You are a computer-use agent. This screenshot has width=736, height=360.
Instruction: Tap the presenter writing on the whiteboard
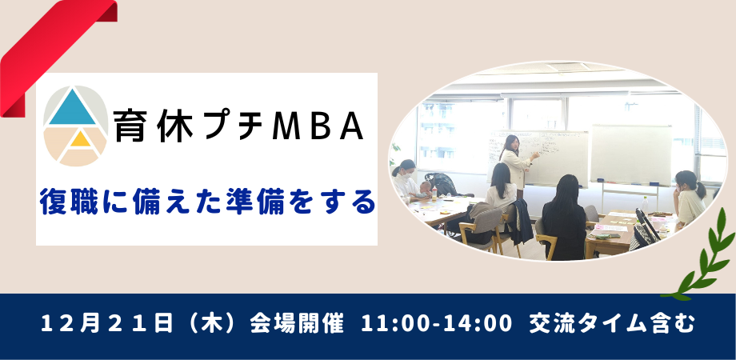coord(513,160)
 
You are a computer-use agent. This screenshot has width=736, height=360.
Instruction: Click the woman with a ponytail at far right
coord(687,196)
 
